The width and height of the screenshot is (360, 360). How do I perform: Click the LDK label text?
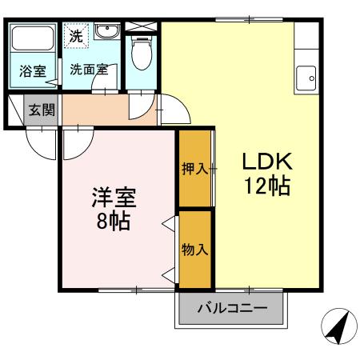point(267,161)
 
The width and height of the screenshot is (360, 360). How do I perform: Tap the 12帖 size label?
point(267,186)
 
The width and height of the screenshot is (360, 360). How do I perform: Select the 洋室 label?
point(114,198)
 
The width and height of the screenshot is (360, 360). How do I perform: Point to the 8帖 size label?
point(114,222)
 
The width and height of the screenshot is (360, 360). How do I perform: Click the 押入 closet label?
point(195,169)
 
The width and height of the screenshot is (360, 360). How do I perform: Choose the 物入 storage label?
point(194,250)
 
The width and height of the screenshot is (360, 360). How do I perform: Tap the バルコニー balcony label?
point(232,309)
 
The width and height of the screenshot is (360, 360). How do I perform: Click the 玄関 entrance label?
point(42,110)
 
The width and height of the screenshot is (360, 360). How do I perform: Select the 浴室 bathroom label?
point(33,71)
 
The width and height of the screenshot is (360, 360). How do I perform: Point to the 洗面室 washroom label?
point(89,70)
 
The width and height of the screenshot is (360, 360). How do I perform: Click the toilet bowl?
point(141,53)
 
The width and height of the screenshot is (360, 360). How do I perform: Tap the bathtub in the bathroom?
point(33,38)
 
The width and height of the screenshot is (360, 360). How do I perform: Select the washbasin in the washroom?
point(107,31)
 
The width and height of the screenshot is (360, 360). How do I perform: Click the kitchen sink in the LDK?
point(306,78)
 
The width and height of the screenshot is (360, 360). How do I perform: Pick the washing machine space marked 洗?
point(76,36)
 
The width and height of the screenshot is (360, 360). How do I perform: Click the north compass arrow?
point(338,326)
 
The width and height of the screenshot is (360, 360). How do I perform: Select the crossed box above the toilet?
point(141,26)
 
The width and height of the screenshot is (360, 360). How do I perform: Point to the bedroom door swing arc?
point(84,151)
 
